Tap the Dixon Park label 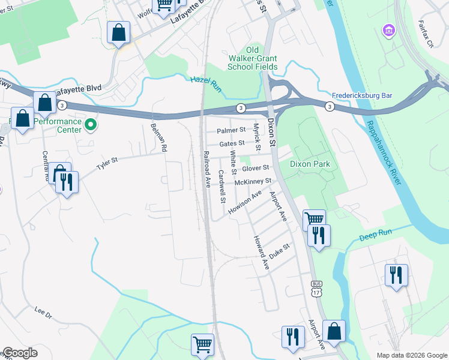[310, 163]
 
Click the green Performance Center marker [91, 125]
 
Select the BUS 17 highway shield [316, 288]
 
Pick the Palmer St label [234, 130]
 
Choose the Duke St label [279, 250]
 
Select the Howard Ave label [261, 251]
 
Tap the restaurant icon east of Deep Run [396, 275]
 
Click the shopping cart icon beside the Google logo [202, 344]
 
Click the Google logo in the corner [19, 353]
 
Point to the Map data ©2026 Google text [411, 355]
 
